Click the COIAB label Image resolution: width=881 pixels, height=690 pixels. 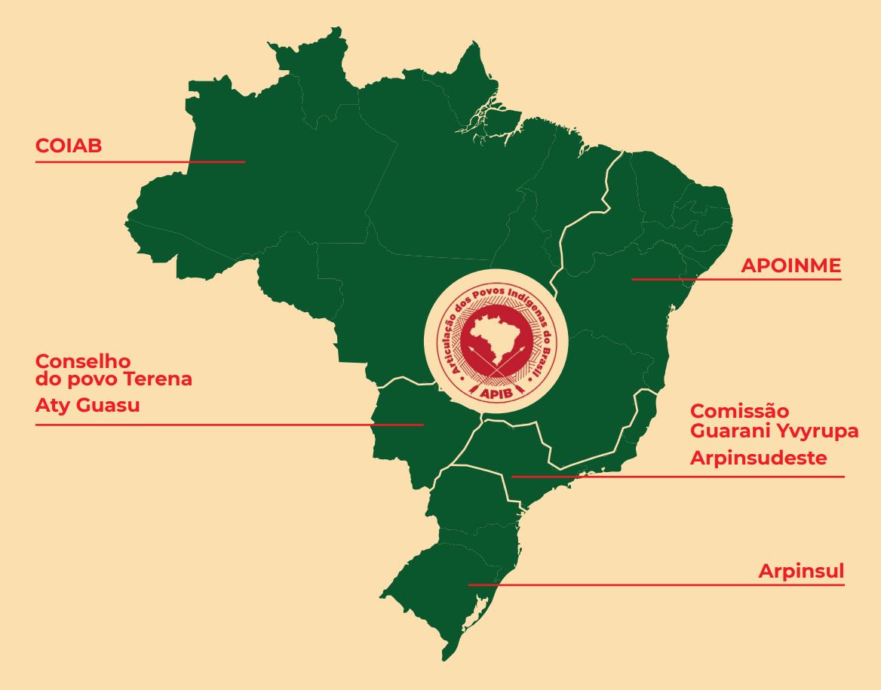click(69, 146)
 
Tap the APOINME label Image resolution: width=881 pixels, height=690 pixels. click(790, 266)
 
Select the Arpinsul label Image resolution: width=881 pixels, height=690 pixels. click(801, 572)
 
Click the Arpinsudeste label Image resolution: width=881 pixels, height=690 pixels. click(759, 458)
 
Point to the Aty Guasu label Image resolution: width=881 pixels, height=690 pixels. click(87, 406)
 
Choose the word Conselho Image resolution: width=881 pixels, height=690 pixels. click(83, 361)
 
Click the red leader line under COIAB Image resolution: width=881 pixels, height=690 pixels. click(140, 161)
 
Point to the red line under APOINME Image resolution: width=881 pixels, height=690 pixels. click(736, 280)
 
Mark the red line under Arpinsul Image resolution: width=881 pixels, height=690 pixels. click(656, 584)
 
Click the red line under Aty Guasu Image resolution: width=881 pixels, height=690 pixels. click(226, 425)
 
